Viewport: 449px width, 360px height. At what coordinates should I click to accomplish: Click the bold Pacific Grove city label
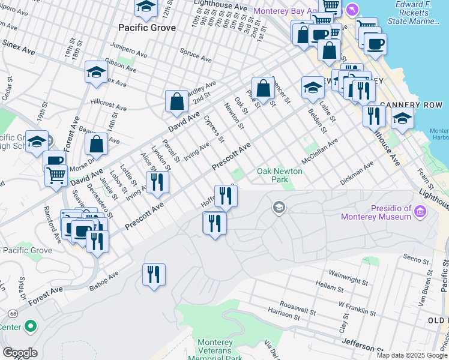147,28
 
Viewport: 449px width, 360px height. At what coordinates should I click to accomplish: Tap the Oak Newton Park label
280,175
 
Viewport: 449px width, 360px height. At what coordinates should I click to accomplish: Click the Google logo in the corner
20,353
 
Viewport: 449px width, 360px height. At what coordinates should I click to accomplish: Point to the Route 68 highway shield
13,313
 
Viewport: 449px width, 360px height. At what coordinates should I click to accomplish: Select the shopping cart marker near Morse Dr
56,176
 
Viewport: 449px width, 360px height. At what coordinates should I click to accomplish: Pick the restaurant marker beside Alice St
157,182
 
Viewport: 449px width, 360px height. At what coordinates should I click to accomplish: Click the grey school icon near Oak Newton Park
279,208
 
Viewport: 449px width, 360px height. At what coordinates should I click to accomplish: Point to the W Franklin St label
357,312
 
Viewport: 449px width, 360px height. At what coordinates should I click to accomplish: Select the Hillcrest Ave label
109,105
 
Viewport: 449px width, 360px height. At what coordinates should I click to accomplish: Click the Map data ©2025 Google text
411,355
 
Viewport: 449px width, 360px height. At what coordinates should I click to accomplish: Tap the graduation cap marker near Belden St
312,87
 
